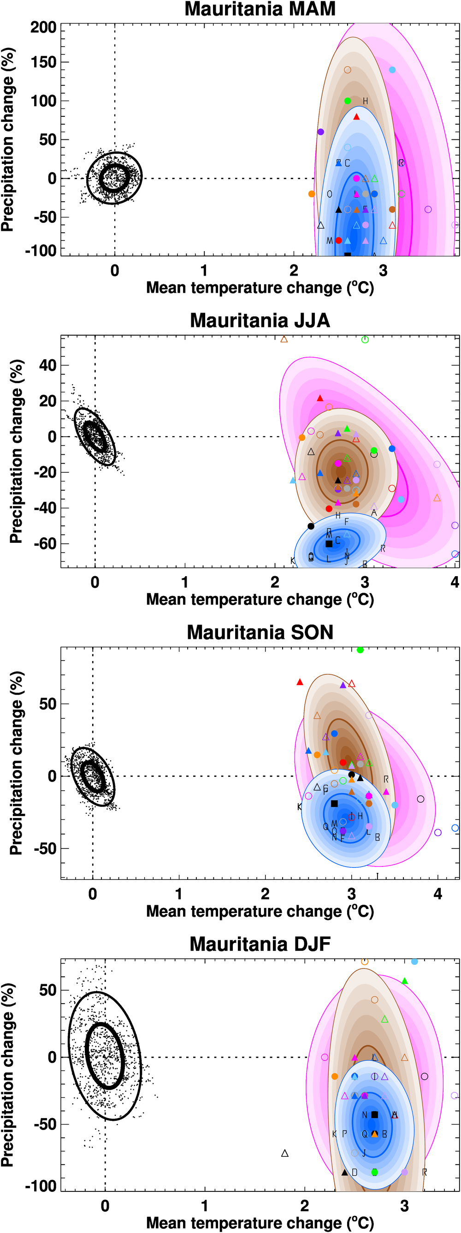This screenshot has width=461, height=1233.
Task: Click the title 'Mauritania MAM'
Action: (260, 9)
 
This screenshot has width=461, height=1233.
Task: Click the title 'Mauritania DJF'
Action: (260, 944)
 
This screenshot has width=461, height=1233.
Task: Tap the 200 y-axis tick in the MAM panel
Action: (43, 27)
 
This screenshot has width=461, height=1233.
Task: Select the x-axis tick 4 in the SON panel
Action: (437, 894)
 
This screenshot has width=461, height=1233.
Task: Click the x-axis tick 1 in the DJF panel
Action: (205, 1205)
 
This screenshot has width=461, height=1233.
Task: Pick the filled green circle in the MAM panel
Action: (348, 101)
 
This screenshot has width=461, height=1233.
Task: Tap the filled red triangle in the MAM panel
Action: (356, 117)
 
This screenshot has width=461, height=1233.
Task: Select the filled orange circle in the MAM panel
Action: (312, 194)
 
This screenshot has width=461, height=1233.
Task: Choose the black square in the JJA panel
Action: (329, 544)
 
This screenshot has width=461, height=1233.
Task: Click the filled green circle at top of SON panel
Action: (360, 650)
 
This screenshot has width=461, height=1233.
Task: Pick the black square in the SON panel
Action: (334, 804)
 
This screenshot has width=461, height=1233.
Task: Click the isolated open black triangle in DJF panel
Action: (285, 1154)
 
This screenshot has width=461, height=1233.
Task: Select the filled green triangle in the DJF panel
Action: (405, 981)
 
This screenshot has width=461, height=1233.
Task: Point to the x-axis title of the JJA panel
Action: (260, 599)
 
